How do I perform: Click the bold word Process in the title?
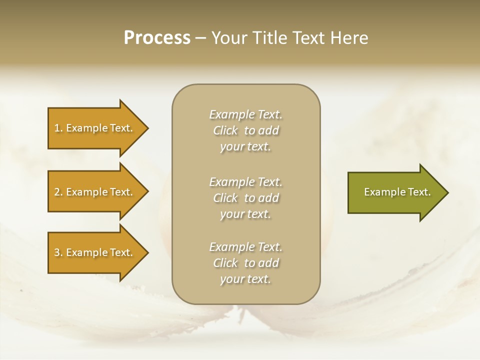tap(157, 38)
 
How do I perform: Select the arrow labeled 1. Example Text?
tap(95, 128)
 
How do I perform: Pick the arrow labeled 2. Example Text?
tap(95, 192)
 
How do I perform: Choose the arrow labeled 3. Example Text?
tap(95, 252)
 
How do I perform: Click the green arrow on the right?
tap(395, 192)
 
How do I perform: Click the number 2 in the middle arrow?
tap(57, 192)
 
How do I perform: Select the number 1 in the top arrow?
tap(57, 128)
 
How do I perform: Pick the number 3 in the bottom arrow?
tap(57, 252)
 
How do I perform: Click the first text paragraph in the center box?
tap(245, 130)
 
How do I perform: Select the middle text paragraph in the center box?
tap(245, 198)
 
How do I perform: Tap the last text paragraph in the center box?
tap(245, 263)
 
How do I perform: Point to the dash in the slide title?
tap(200, 38)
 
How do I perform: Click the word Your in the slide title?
tap(229, 38)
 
